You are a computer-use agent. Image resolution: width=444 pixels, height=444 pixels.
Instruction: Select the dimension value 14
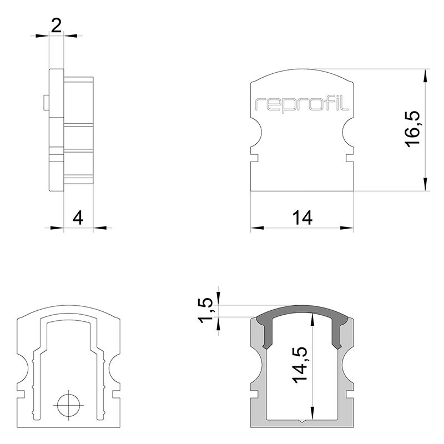(x=302, y=218)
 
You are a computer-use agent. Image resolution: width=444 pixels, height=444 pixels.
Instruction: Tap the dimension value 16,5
(x=413, y=128)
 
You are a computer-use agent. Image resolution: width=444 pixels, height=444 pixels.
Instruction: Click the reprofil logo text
(x=302, y=104)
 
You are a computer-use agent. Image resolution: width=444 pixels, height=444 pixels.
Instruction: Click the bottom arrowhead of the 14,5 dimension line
(x=313, y=415)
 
